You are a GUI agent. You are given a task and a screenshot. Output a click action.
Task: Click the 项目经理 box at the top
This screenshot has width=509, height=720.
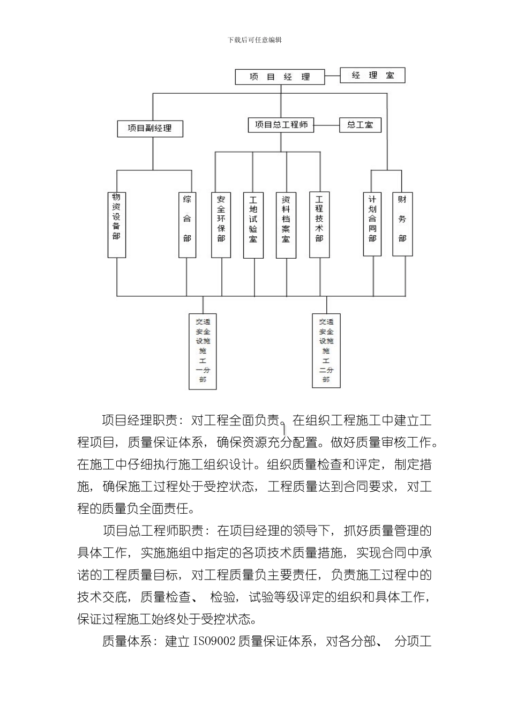click(280, 77)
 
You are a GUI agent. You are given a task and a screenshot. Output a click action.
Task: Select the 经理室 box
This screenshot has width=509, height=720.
click(373, 76)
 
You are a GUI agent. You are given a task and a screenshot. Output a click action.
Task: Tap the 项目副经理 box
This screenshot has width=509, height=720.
click(150, 129)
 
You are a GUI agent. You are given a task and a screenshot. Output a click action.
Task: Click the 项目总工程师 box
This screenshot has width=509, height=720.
click(281, 125)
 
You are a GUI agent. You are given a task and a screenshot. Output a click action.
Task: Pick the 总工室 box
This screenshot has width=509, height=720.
click(360, 125)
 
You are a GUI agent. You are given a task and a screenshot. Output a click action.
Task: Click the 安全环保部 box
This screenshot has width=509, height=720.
click(221, 225)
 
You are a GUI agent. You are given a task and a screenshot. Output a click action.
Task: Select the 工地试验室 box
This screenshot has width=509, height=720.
click(253, 225)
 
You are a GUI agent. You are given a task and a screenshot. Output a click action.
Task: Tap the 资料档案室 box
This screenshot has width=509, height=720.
click(286, 225)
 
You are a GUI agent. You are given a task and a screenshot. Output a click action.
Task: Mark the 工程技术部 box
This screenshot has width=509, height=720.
click(319, 225)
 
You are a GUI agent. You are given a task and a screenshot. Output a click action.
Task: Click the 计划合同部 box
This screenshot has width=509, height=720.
click(372, 224)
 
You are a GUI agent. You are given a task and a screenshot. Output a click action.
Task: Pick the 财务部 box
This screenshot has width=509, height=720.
click(402, 224)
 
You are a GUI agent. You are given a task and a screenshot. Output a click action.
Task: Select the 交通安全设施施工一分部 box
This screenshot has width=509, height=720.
click(203, 351)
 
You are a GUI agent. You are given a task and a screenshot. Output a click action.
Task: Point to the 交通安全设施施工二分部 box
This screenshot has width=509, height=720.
click(326, 350)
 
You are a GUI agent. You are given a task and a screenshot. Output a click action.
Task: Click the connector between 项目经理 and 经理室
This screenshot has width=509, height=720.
click(333, 76)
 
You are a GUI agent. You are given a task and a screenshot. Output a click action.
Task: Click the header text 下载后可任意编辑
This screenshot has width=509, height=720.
click(254, 40)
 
